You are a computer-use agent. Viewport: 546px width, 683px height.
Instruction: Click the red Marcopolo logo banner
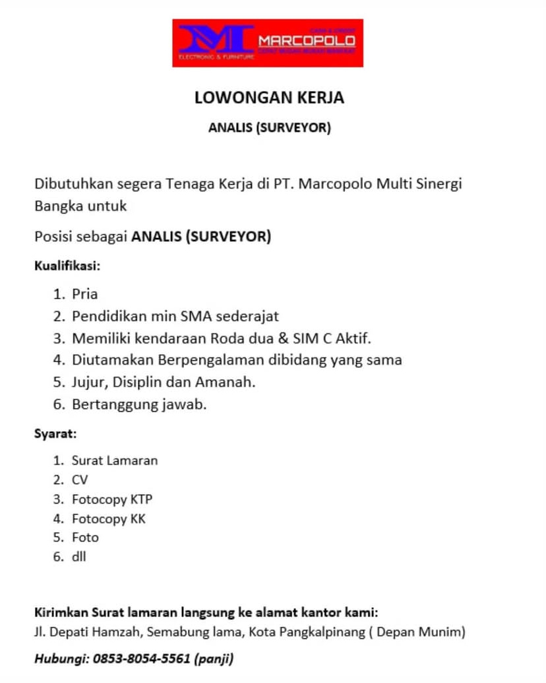(x=268, y=43)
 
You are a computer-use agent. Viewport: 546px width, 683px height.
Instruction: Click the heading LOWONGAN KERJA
(x=269, y=98)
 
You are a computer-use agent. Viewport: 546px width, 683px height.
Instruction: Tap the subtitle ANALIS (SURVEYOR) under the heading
(x=269, y=128)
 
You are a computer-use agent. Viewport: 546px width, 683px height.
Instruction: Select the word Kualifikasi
(x=66, y=266)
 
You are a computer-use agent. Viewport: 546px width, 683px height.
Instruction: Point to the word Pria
(x=84, y=294)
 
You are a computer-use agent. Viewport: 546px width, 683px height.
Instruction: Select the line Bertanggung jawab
(x=139, y=404)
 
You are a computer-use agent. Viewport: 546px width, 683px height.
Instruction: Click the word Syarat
(x=55, y=434)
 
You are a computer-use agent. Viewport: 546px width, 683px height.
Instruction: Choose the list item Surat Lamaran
(x=115, y=461)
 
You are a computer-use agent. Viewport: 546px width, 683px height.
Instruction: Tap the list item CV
(x=80, y=480)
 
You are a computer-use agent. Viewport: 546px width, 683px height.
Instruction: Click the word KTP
(x=141, y=499)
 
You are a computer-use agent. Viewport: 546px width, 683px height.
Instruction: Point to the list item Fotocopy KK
(x=109, y=519)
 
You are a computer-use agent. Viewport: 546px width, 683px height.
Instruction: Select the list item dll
(x=79, y=557)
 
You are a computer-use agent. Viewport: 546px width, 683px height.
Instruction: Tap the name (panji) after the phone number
(x=214, y=658)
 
